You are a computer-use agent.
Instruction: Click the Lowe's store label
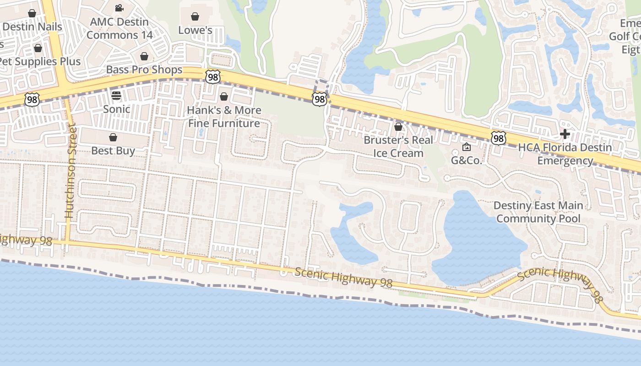195,30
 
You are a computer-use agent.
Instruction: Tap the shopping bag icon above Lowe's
195,16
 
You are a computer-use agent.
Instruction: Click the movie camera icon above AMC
119,8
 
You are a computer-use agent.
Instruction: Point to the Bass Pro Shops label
144,70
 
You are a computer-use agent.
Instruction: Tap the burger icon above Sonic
116,96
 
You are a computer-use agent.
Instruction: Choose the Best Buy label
113,151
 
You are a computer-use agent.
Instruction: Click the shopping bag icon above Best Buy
113,137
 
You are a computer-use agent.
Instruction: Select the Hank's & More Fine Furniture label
224,117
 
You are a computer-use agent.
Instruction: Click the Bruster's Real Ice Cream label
398,146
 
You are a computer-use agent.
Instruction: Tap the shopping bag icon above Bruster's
398,126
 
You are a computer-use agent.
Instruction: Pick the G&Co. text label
467,160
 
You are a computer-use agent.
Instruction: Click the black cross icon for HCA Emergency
565,134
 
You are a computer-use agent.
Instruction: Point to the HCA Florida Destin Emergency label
565,154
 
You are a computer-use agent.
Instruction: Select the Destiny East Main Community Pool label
538,212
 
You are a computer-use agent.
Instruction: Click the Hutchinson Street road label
70,170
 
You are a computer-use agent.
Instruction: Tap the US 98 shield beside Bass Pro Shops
212,77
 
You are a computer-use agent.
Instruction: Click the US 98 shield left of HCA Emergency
499,138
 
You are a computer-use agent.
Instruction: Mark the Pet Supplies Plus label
40,61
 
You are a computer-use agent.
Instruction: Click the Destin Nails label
32,27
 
